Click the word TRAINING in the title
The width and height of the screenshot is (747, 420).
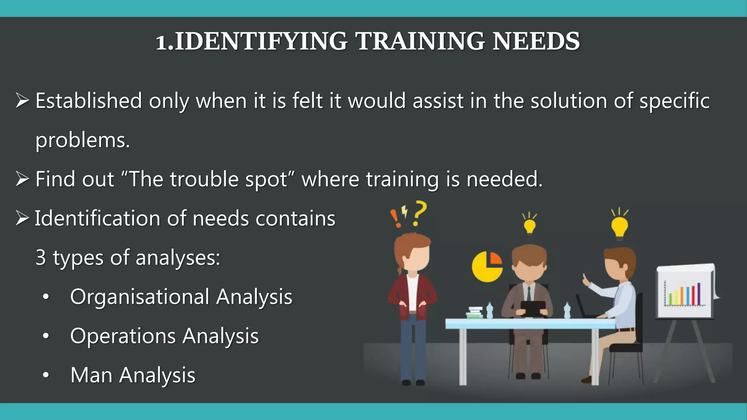(x=419, y=41)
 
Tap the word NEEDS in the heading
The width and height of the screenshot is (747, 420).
(x=536, y=41)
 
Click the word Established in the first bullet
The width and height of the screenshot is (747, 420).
(x=89, y=101)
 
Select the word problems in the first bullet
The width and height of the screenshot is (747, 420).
(x=82, y=140)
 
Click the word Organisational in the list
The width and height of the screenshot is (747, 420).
(x=140, y=297)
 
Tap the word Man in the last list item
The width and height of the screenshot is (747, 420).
(x=91, y=375)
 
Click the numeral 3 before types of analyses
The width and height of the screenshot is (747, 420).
(x=40, y=257)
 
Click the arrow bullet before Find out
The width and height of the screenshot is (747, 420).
(x=22, y=179)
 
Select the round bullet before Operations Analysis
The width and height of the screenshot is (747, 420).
(x=46, y=336)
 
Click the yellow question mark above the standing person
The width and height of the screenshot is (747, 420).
(x=420, y=213)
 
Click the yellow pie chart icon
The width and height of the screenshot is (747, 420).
(x=487, y=267)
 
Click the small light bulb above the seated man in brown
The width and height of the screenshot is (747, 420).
(x=529, y=225)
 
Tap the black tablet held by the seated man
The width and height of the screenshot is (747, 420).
(x=533, y=308)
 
